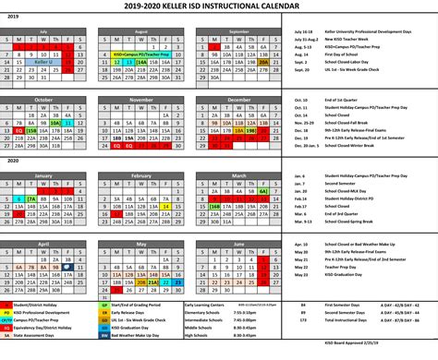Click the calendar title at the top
[219, 6]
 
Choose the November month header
[141, 99]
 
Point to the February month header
[141, 174]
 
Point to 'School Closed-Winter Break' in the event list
[355, 145]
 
